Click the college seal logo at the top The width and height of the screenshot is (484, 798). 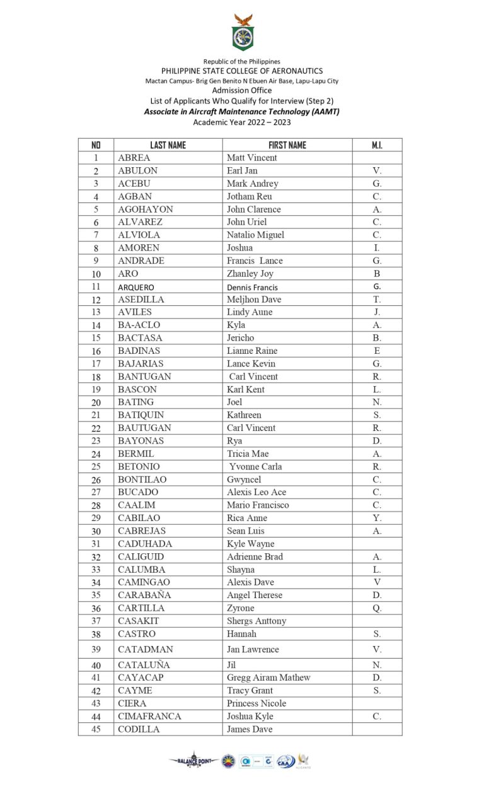pos(242,33)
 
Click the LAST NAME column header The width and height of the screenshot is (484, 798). pos(168,145)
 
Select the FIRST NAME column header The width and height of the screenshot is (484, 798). pos(287,145)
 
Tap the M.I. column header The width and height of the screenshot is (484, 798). pos(377,145)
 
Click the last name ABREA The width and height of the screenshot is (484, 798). pos(134,158)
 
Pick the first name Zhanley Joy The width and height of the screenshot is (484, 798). pos(250,274)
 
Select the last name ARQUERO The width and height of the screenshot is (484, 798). pos(135,287)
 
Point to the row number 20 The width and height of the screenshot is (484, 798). pos(96,402)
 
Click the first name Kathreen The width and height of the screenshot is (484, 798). pos(244,415)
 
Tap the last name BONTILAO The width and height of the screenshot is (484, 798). pos(142,479)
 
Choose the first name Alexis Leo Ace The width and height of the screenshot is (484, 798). pos(256,492)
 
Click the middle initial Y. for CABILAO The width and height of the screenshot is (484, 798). pos(377,518)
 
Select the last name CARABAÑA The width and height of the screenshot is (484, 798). pos(144,595)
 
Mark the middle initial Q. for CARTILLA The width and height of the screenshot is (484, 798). pos(377,608)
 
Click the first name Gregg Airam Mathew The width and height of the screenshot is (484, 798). pos(268,678)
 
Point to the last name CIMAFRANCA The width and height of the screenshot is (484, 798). pos(149,716)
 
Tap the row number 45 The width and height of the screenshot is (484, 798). pos(96,729)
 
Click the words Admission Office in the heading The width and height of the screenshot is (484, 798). pos(242,90)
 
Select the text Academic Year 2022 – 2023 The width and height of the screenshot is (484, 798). pos(242,122)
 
